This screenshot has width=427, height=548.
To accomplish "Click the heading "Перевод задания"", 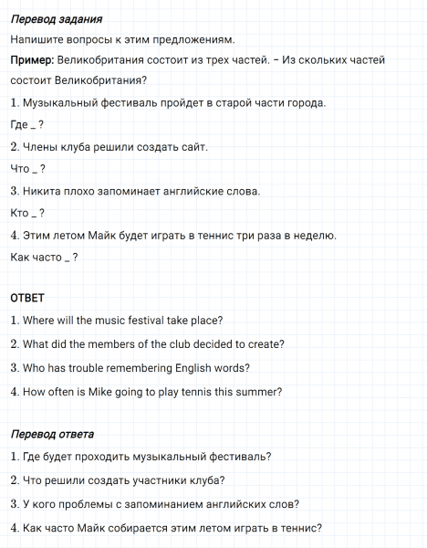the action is tap(56, 19).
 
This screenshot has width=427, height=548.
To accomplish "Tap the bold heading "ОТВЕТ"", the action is tap(27, 298).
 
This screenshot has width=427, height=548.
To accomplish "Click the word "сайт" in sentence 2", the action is tap(194, 147).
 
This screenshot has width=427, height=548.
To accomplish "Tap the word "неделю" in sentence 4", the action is tap(315, 236).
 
